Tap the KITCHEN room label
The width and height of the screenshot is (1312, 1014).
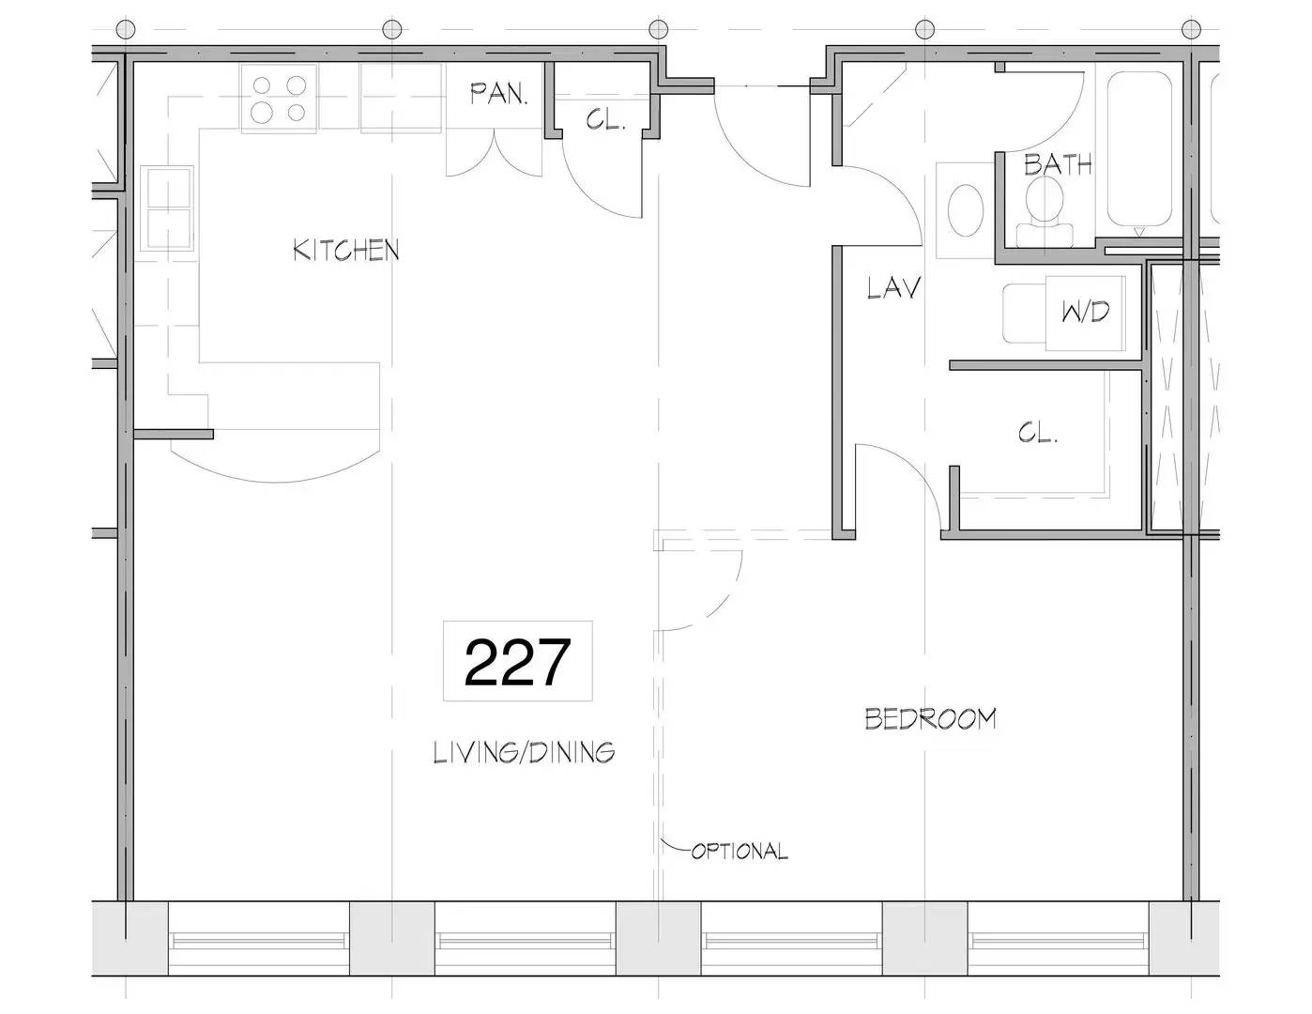[x=346, y=250]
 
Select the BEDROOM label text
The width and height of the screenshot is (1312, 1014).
[x=930, y=719]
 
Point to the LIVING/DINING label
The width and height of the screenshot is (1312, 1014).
[x=524, y=752]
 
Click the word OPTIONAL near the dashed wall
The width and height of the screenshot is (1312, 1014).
[x=740, y=852]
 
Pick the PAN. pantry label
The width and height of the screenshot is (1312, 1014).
[x=499, y=94]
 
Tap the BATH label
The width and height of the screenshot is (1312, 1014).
[x=1058, y=164]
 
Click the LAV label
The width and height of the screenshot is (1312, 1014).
[x=893, y=287]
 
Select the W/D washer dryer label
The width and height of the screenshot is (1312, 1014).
[x=1086, y=312]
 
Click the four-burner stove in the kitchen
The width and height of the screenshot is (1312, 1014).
[x=279, y=99]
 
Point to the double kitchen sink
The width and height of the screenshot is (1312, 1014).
[x=167, y=207]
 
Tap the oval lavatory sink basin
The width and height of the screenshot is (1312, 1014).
[x=966, y=210]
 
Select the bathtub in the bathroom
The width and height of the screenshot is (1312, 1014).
[x=1139, y=149]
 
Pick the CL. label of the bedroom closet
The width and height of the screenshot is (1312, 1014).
[x=1037, y=433]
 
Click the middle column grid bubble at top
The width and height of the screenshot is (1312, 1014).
[x=658, y=28]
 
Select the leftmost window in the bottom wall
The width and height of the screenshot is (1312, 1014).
[x=259, y=941]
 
